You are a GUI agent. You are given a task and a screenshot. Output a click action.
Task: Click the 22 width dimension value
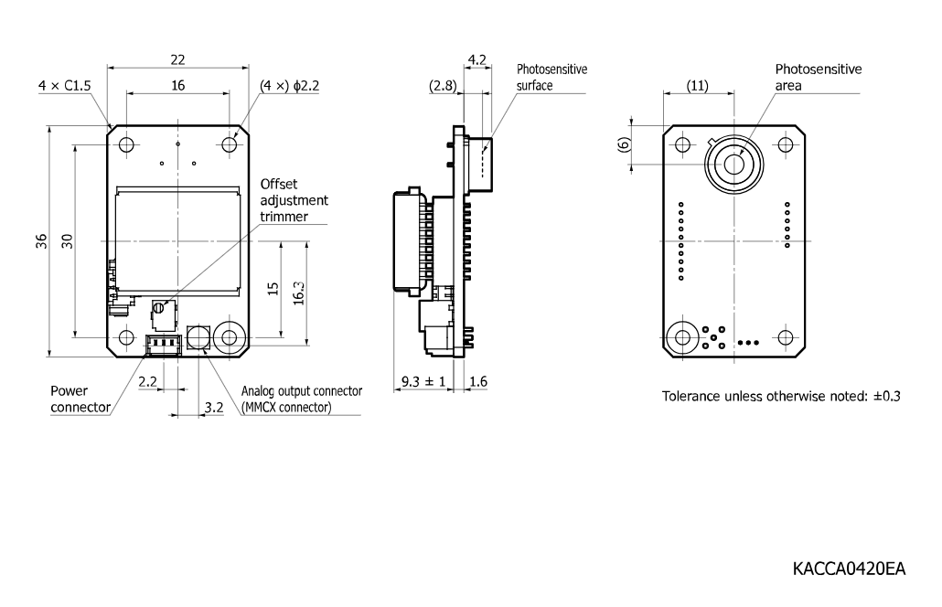[177, 59]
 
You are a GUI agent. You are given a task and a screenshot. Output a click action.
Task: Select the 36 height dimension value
[41, 241]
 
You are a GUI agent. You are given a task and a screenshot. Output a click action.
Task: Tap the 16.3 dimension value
[298, 293]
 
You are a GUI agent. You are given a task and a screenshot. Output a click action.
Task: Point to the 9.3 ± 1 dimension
[423, 381]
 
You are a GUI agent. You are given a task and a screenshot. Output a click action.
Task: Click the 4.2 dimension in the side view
[477, 59]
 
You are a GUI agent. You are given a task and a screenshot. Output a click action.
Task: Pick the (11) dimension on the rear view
[698, 86]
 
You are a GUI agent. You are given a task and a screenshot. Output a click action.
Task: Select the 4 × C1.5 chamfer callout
[64, 86]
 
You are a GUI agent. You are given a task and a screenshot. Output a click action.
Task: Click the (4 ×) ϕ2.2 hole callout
[290, 86]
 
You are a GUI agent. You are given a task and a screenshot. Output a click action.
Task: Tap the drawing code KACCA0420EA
[849, 569]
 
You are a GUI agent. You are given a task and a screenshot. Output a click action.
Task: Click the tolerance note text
[781, 396]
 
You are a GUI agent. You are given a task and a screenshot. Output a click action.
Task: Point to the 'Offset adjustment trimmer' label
[294, 200]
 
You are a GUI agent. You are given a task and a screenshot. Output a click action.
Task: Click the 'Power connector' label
[80, 399]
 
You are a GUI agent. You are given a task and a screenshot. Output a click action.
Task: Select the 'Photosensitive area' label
[819, 78]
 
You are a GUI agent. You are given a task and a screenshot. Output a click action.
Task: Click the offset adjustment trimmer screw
[158, 308]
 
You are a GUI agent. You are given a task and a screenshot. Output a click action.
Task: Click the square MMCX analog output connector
[198, 336]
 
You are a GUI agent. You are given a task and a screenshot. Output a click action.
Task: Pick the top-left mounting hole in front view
[126, 144]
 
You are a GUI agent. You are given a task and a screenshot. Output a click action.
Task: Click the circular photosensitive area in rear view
[734, 164]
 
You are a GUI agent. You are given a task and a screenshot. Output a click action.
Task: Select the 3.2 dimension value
[214, 408]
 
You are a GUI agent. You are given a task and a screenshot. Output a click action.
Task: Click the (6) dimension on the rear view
[625, 144]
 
